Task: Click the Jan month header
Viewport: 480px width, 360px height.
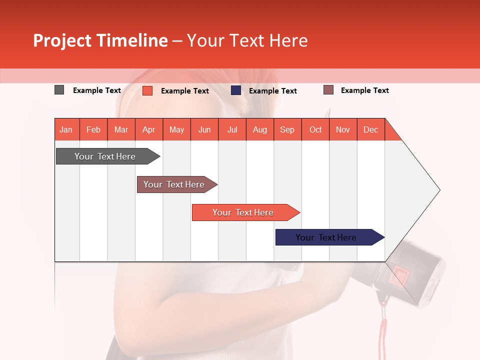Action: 66,129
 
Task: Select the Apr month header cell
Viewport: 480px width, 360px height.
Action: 149,129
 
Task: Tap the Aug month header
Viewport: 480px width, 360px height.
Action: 259,129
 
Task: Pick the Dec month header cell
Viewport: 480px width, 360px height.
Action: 370,129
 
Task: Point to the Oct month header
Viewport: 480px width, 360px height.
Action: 315,129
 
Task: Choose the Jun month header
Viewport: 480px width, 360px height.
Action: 204,129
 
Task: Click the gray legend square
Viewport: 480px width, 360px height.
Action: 59,90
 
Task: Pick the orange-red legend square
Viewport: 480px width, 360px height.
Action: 147,90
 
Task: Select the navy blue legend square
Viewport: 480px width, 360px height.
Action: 235,90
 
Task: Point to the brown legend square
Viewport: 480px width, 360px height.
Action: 328,90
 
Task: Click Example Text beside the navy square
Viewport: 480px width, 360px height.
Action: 272,91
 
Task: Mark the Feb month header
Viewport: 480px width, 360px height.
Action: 93,129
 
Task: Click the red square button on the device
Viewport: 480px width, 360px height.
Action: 400,274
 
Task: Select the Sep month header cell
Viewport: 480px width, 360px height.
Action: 287,129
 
